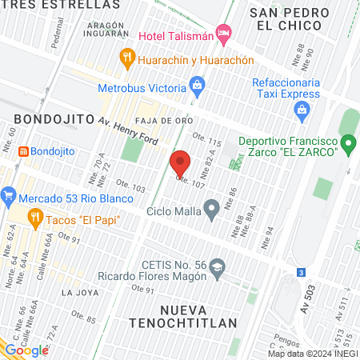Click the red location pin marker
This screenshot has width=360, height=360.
pos(181,163)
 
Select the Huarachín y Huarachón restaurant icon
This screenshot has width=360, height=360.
pos(126,57)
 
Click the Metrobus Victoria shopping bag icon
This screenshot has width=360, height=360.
pos(198,84)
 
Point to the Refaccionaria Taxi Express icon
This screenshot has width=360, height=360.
pos(302,114)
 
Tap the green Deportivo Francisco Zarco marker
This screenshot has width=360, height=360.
pos(348,144)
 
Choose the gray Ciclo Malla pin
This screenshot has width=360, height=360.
pos(212,211)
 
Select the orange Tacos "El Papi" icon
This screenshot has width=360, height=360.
pos(34,217)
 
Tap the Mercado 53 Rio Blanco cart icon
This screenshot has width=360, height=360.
pos(9,194)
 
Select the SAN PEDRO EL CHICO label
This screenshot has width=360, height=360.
pos(290,20)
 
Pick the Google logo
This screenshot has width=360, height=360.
pos(26,350)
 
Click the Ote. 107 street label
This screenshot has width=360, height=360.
pos(190,182)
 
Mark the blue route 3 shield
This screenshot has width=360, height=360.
pos(300,273)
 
